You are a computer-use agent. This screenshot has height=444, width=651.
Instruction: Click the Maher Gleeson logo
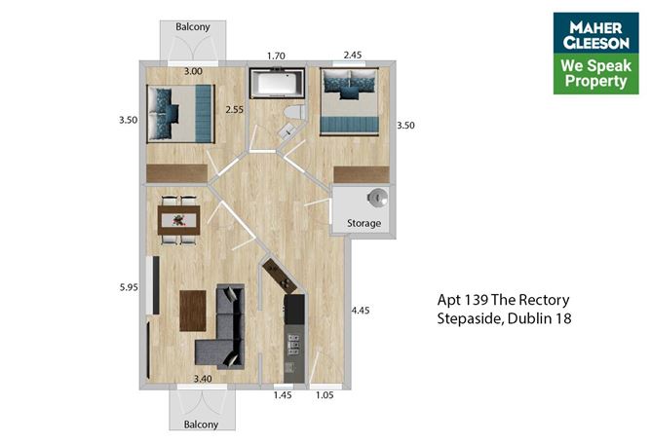pyautogui.click(x=595, y=53)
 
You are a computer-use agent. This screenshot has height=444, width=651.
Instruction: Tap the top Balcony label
pyautogui.click(x=195, y=27)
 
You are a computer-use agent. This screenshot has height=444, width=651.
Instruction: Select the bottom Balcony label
pyautogui.click(x=195, y=425)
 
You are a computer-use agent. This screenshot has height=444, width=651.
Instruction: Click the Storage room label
pyautogui.click(x=364, y=223)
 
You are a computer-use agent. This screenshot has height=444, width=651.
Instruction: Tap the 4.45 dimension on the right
pyautogui.click(x=362, y=311)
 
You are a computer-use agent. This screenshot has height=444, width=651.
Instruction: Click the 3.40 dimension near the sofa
pyautogui.click(x=202, y=378)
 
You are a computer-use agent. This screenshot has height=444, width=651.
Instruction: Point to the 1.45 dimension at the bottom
pyautogui.click(x=282, y=396)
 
